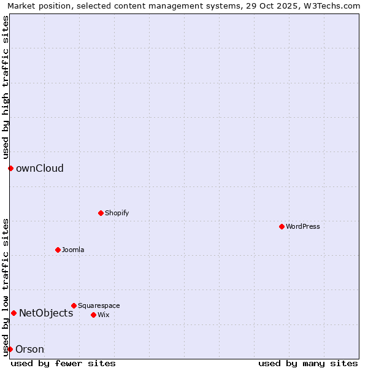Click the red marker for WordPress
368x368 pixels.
pyautogui.click(x=282, y=226)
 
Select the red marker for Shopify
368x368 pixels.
pyautogui.click(x=101, y=213)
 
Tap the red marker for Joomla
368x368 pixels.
pyautogui.click(x=58, y=250)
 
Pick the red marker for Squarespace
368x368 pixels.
pyautogui.click(x=74, y=305)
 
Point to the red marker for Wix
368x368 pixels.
pyautogui.click(x=93, y=315)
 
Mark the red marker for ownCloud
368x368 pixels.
pyautogui.click(x=10, y=168)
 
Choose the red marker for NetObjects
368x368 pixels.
pyautogui.click(x=13, y=313)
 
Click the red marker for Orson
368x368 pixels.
pyautogui.click(x=10, y=349)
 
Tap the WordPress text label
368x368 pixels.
pyautogui.click(x=303, y=226)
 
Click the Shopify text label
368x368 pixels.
pyautogui.click(x=117, y=213)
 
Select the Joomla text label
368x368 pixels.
pyautogui.click(x=73, y=250)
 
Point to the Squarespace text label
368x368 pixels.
pyautogui.click(x=99, y=305)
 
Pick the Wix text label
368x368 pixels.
pyautogui.click(x=104, y=315)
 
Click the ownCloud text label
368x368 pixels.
pyautogui.click(x=40, y=168)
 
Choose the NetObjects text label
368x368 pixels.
pyautogui.click(x=46, y=313)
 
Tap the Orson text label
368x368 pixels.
pyautogui.click(x=29, y=349)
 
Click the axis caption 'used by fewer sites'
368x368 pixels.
pyautogui.click(x=63, y=363)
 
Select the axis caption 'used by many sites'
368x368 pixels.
pyautogui.click(x=308, y=363)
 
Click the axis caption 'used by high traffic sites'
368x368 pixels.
pyautogui.click(x=6, y=87)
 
